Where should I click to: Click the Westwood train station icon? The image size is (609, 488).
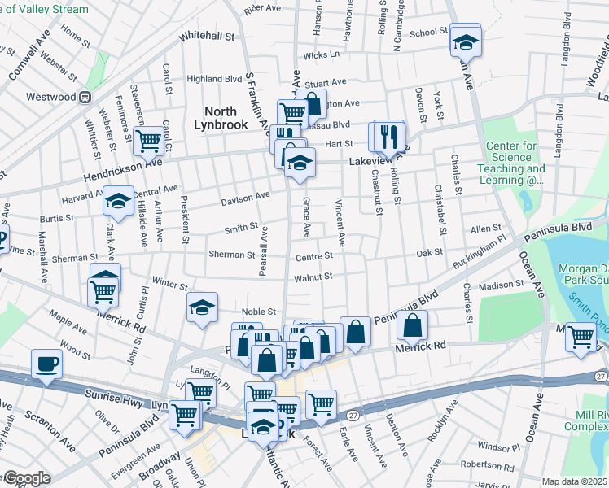click(84, 97)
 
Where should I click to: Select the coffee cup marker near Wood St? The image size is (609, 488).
click(46, 363)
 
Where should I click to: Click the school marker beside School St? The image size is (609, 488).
click(467, 41)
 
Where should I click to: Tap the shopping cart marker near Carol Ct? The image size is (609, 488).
click(148, 140)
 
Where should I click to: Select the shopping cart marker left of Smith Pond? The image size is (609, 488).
click(580, 335)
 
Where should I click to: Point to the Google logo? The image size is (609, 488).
click(26, 478)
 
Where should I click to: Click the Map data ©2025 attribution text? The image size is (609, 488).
click(574, 481)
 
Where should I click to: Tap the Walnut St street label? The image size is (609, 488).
click(313, 277)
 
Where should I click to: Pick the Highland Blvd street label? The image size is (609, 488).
click(215, 79)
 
